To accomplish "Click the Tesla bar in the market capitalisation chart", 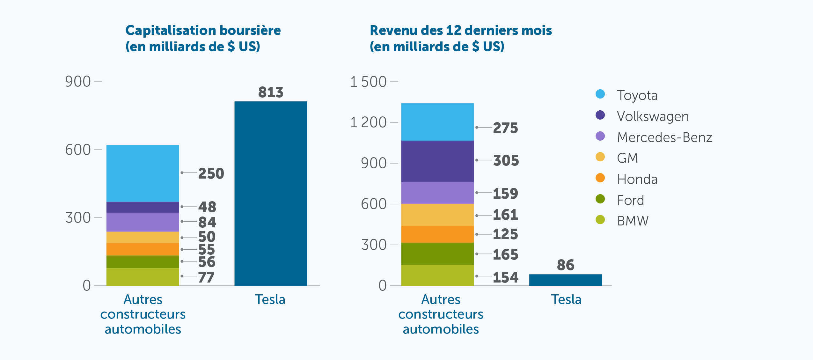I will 271,193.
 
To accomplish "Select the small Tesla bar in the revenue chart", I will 565,280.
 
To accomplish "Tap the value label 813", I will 271,92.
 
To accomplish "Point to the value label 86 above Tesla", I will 565,265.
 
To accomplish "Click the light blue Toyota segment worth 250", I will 143,173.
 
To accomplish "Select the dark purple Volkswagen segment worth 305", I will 437,161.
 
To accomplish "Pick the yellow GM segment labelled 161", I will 437,215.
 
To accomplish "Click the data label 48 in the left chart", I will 207,207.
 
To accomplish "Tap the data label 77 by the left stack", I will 206,277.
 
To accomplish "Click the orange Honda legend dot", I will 600,178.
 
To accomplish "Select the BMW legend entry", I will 633,221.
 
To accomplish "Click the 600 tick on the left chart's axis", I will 78,150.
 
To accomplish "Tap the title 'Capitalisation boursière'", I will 203,31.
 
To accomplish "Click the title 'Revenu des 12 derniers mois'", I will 460,31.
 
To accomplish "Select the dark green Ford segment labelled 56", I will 143,262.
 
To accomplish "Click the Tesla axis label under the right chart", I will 566,300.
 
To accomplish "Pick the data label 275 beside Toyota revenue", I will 505,128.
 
